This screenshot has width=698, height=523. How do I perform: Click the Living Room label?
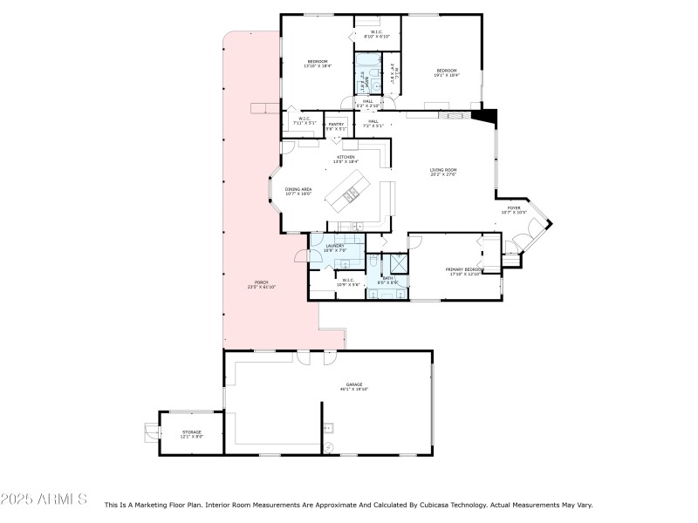(442, 172)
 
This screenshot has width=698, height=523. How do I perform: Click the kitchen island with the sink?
(350, 193)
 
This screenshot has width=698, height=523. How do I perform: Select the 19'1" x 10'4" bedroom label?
(447, 72)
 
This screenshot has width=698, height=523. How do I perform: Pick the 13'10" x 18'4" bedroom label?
(317, 64)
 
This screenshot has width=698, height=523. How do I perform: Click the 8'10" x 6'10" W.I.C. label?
(374, 35)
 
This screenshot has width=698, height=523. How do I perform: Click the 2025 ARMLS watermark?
(44, 499)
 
